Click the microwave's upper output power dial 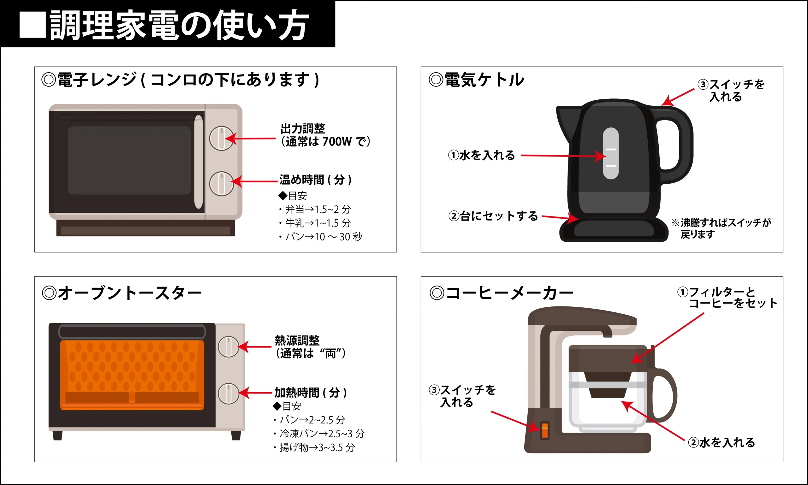pos(221,138)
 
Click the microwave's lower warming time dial pos(221,184)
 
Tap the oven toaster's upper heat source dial pos(228,346)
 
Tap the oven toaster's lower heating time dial pos(228,393)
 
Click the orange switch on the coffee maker pos(544,430)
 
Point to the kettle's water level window pos(610,153)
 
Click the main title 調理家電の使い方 pos(178,25)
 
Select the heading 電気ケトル pos(484,80)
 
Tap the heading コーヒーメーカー pos(508,293)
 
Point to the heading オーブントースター pos(129,293)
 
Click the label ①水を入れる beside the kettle pos(481,155)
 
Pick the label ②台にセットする pos(493,216)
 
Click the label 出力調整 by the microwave pos(303,128)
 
